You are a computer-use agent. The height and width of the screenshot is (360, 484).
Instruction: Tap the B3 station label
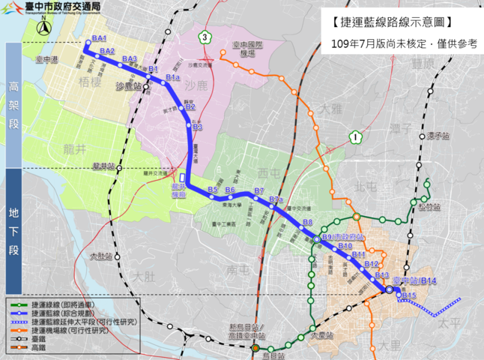pyautogui.click(x=198, y=127)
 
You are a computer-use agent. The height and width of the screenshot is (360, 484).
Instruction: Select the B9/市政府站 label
pyautogui.click(x=342, y=238)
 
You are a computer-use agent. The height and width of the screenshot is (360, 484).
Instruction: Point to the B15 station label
pyautogui.click(x=408, y=295)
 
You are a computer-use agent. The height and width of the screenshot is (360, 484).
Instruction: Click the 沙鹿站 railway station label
pyautogui.click(x=129, y=87)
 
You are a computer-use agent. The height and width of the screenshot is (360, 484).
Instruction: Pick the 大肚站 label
pyautogui.click(x=99, y=256)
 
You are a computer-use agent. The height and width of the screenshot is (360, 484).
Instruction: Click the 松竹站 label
pyautogui.click(x=430, y=207)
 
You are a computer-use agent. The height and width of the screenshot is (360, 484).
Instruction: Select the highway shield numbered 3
pyautogui.click(x=204, y=36)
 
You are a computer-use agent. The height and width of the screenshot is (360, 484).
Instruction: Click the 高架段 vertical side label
pyautogui.click(x=14, y=104)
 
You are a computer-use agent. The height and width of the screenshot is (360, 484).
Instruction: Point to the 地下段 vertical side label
pyautogui.click(x=14, y=231)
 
